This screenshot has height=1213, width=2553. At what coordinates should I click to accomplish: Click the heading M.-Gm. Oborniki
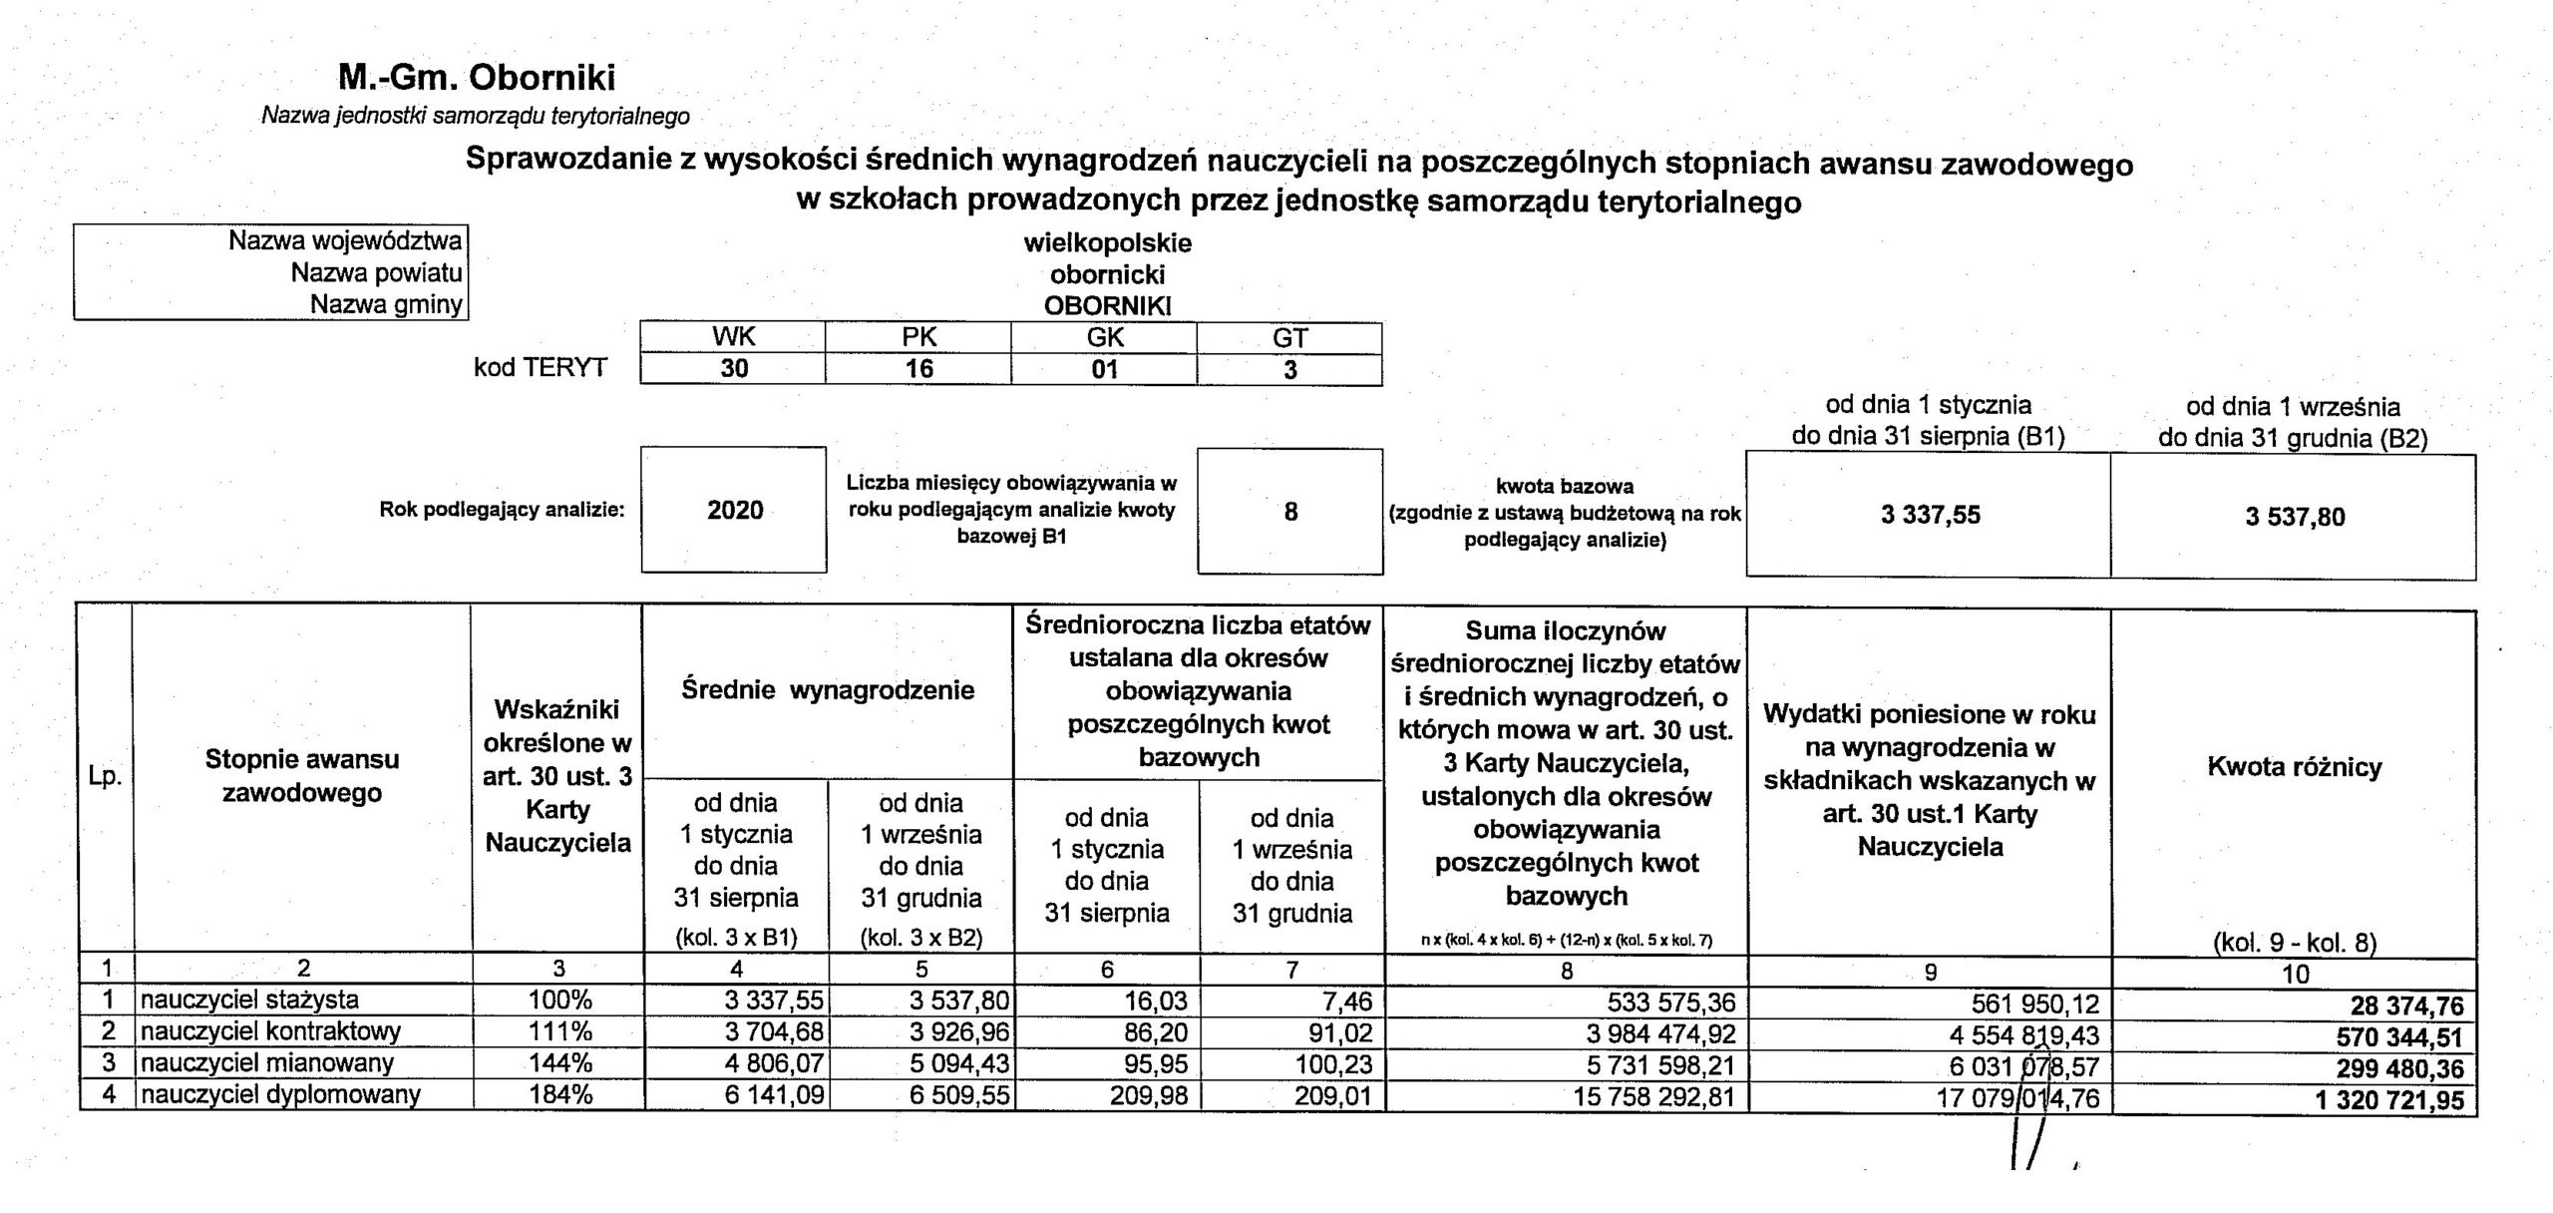click(476, 77)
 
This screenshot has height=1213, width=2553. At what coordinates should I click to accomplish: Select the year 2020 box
click(734, 510)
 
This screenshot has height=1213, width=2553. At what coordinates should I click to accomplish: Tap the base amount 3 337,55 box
click(1930, 516)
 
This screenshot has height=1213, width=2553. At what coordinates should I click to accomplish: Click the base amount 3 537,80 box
click(2295, 517)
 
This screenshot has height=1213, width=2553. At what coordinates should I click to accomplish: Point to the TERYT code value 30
click(734, 369)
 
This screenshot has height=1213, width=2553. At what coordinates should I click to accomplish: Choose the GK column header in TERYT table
click(1104, 337)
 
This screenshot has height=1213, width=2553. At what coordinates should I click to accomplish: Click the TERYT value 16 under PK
click(918, 369)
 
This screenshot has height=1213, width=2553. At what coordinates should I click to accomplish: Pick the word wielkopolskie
click(1107, 242)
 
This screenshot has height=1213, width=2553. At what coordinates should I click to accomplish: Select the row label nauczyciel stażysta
click(249, 1000)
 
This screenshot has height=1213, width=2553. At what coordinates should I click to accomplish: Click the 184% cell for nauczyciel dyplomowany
click(559, 1095)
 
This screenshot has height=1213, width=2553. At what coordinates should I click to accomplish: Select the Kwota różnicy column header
click(2294, 767)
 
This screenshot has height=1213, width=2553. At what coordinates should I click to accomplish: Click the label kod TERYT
click(540, 367)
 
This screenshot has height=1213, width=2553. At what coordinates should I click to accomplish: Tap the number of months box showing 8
click(1289, 512)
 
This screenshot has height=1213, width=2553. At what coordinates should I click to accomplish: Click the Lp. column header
click(105, 776)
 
